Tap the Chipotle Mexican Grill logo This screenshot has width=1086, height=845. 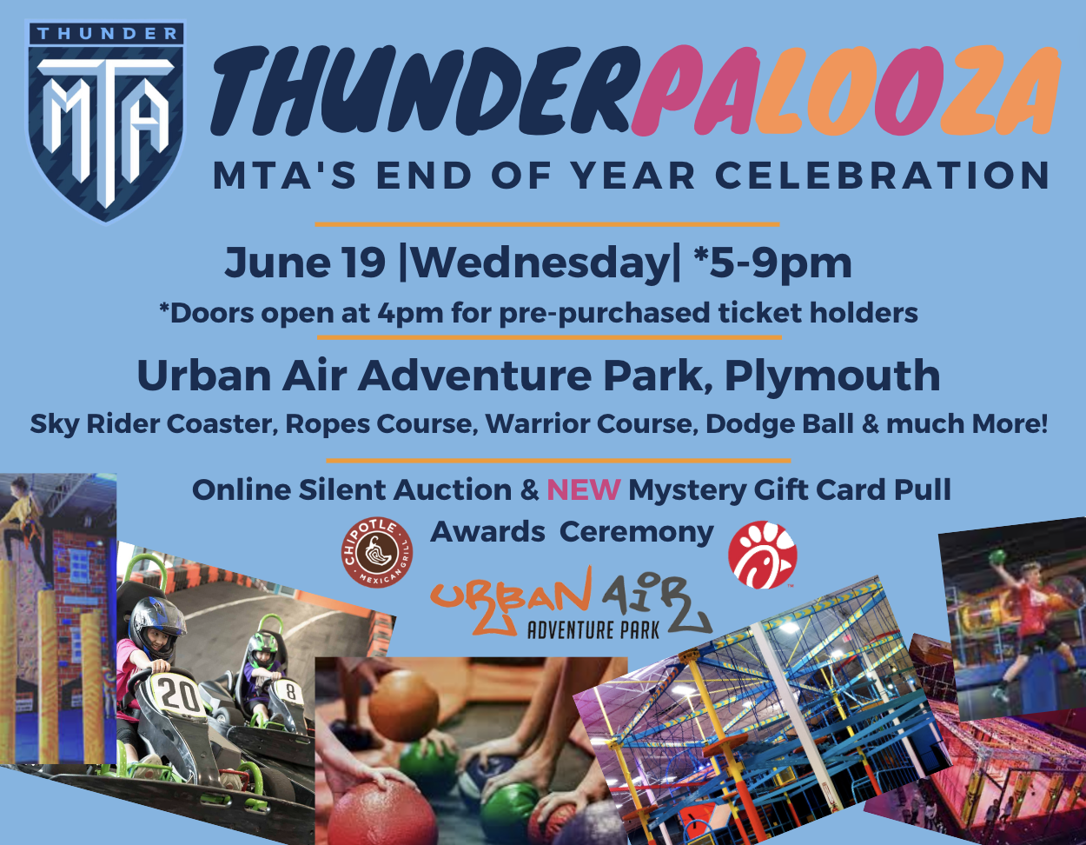pyautogui.click(x=377, y=551)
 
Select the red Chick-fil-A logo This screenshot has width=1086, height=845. pyautogui.click(x=762, y=555)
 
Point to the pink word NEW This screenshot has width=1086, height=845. pyautogui.click(x=583, y=489)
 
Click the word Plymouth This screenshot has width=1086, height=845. pyautogui.click(x=832, y=376)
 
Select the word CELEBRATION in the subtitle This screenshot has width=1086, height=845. pyautogui.click(x=883, y=176)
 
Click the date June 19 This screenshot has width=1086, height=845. pyautogui.click(x=305, y=263)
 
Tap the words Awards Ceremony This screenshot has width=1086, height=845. pyautogui.click(x=572, y=531)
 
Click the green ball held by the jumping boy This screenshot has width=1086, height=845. pyautogui.click(x=998, y=556)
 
